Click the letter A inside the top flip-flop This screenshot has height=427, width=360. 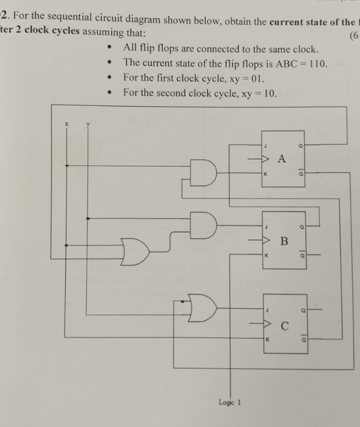point(281,159)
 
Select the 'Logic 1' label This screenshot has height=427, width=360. point(230,402)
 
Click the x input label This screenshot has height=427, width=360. point(67,124)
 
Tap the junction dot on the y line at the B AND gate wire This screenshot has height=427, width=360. point(89,219)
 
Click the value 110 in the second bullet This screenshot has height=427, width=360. point(314,64)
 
